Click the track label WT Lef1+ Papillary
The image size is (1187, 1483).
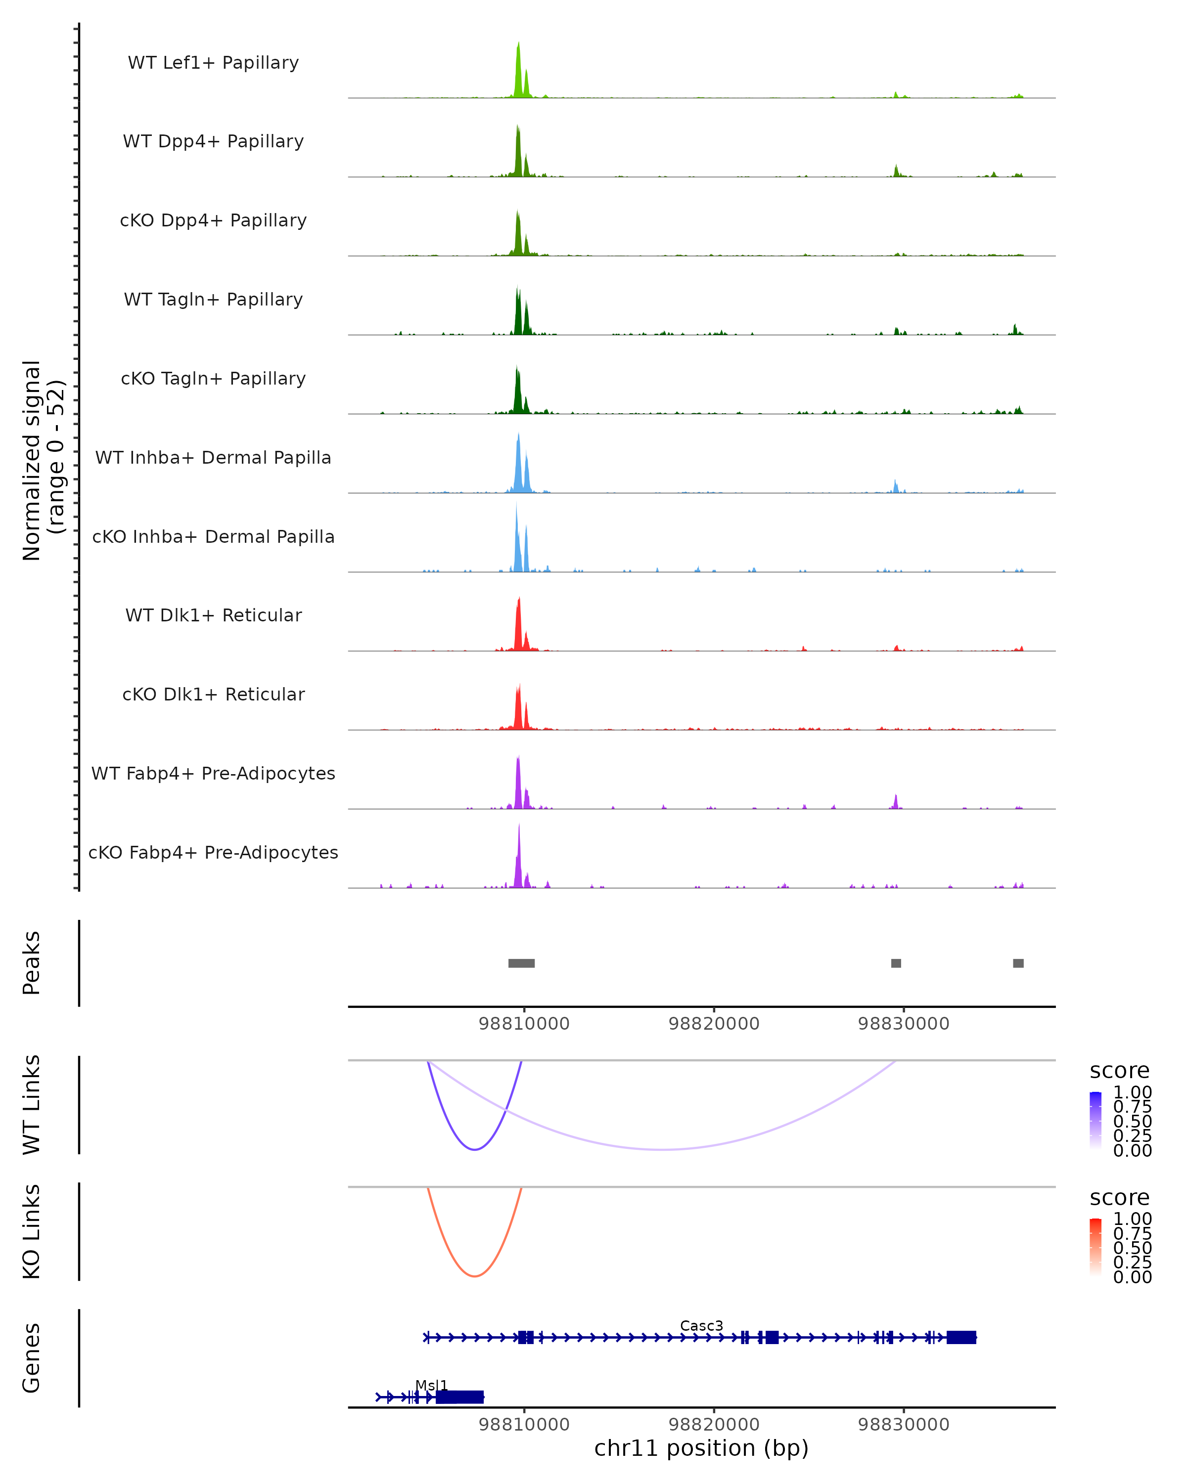(x=213, y=63)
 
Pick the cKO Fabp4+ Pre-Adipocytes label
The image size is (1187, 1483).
(x=213, y=852)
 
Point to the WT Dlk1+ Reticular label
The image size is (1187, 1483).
(x=213, y=615)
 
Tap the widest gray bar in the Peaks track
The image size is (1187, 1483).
(x=522, y=963)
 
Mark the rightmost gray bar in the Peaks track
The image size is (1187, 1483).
(x=1018, y=963)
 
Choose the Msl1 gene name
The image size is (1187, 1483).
(x=431, y=1385)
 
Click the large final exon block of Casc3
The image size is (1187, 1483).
(x=961, y=1337)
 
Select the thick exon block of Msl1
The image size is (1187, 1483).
(x=459, y=1397)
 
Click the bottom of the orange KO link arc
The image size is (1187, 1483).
(x=475, y=1276)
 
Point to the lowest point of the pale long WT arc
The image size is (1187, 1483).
(x=662, y=1149)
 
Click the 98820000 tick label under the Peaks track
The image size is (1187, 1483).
(x=714, y=1024)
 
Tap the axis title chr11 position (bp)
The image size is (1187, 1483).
(x=701, y=1448)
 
